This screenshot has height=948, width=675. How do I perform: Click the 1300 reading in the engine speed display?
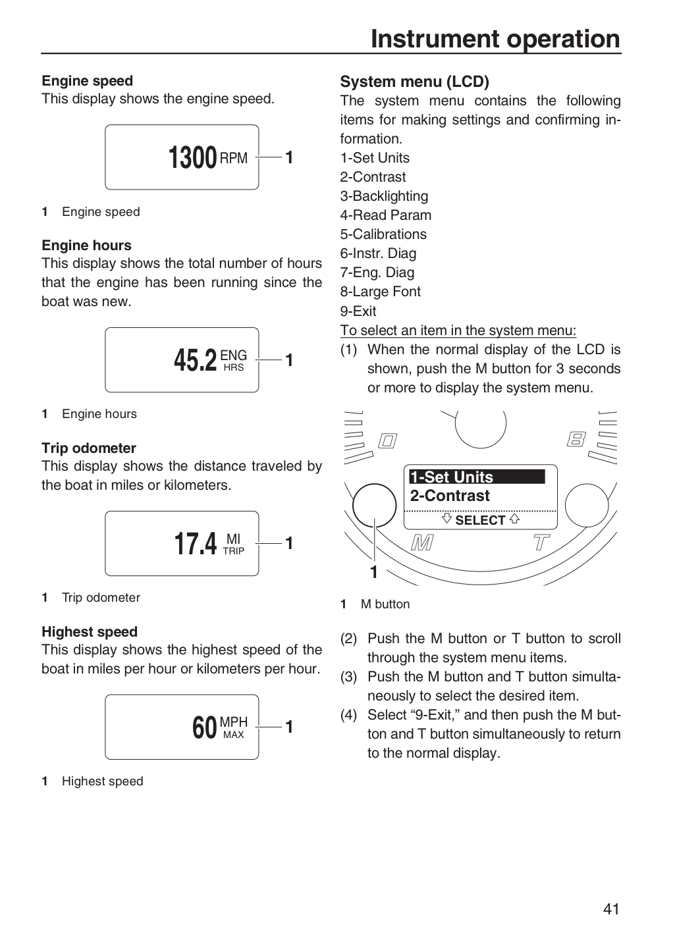click(x=193, y=157)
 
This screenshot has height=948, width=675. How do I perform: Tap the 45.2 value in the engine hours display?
click(x=195, y=360)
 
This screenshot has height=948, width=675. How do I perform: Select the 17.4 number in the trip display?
click(x=195, y=544)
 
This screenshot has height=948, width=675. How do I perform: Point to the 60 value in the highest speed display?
click(x=205, y=727)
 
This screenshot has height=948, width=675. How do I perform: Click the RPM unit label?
click(x=233, y=158)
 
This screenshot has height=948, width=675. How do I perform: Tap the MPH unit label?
click(x=233, y=722)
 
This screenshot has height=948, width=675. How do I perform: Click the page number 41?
click(x=611, y=909)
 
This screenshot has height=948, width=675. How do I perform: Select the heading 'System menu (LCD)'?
click(x=415, y=81)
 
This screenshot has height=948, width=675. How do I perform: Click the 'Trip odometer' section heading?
click(x=89, y=448)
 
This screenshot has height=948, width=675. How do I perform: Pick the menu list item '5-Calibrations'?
click(x=383, y=234)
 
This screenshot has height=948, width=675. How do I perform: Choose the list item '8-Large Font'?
click(x=380, y=292)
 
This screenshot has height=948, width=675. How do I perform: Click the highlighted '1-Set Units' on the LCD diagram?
click(x=477, y=477)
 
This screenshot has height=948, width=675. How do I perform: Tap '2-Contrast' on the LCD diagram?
click(x=450, y=496)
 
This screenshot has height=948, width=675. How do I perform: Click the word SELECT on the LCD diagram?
click(x=480, y=520)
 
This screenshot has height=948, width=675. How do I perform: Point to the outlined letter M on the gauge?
click(x=422, y=542)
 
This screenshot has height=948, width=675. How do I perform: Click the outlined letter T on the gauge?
click(x=541, y=542)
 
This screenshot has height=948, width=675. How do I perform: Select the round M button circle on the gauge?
click(x=374, y=484)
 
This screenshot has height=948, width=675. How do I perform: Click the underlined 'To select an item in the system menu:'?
click(x=458, y=330)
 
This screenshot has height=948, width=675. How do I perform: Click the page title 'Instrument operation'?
click(x=495, y=39)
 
